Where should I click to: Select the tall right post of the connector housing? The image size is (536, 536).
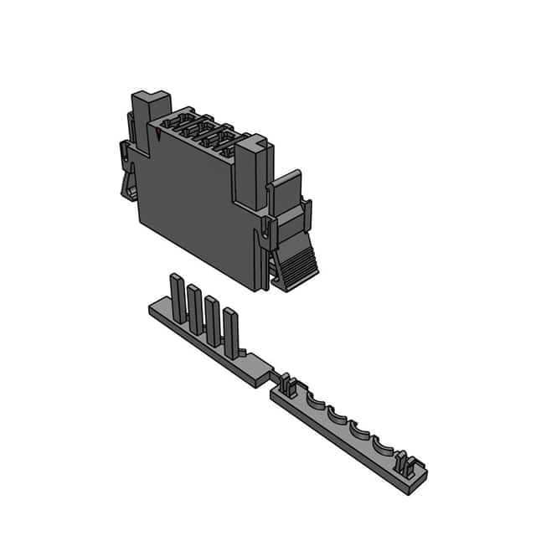(250, 172)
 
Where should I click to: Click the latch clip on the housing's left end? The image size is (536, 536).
(128, 172)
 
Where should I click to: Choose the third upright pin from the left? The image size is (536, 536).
(213, 318)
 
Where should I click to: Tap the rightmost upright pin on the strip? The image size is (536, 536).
(230, 330)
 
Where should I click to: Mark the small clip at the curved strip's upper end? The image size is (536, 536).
(287, 386)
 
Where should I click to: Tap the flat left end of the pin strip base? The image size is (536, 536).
(159, 312)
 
